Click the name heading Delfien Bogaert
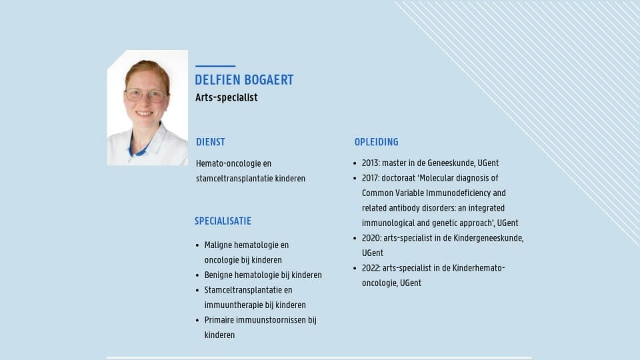[244, 80]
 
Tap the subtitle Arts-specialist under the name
[227, 97]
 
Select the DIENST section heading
[211, 142]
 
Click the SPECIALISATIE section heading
[223, 221]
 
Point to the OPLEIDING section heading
[376, 142]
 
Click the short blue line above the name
[215, 66]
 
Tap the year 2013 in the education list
[371, 163]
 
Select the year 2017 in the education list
[371, 178]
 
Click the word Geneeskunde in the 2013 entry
[451, 163]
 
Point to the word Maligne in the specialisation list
[218, 245]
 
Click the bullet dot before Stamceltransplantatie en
[197, 291]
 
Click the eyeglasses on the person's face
[145, 95]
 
